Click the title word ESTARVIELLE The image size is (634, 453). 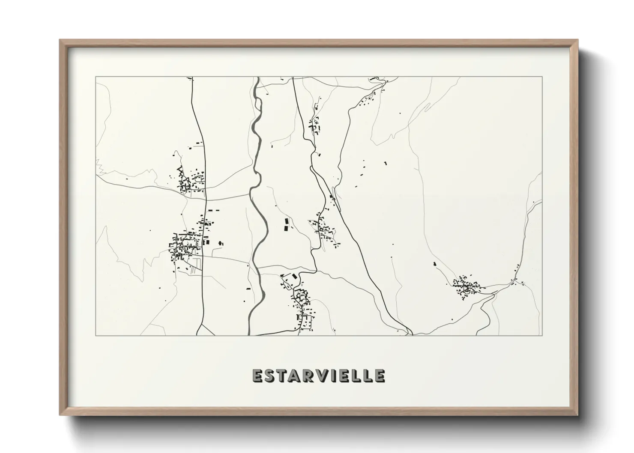tap(319, 376)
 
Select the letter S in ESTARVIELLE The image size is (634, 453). tap(271, 376)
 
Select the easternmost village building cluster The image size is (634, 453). tap(466, 286)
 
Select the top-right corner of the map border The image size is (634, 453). tap(542, 77)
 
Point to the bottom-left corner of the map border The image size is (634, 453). tap(96, 336)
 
